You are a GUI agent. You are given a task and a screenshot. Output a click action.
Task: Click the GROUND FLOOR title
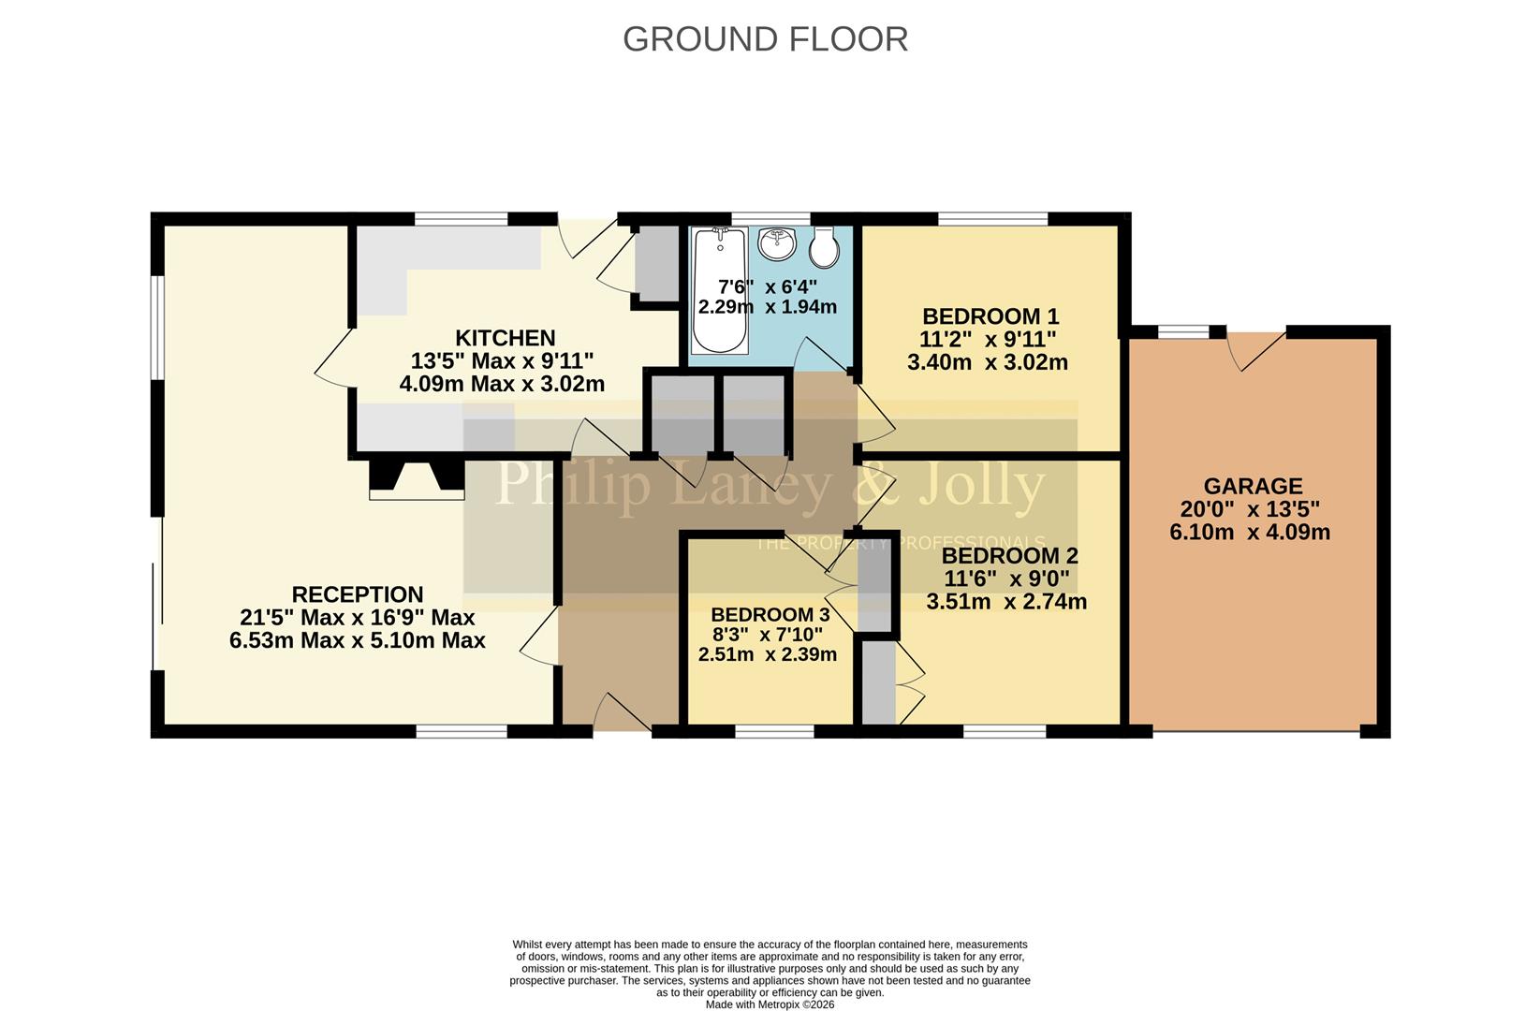coord(765,39)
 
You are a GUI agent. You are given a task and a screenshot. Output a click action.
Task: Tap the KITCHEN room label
coord(505,338)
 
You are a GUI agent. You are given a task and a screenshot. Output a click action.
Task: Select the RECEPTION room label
coord(357,594)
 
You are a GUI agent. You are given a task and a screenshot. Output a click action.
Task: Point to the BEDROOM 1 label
coord(990,316)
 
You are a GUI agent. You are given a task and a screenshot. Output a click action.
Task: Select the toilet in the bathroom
coord(824,247)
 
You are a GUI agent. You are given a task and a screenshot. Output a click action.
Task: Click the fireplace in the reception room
coord(417,477)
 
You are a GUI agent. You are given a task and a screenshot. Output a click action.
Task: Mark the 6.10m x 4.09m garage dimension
coord(1249,533)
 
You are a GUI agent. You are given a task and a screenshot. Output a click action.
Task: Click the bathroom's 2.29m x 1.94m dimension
coord(767,307)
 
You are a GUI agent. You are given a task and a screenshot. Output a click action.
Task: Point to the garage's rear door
coord(1256,349)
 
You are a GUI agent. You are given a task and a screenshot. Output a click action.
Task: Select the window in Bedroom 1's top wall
coord(992,219)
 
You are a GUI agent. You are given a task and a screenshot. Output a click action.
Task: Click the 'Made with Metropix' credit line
coord(770,1004)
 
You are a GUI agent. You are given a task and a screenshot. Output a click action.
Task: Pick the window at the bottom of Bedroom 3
coord(773,731)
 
